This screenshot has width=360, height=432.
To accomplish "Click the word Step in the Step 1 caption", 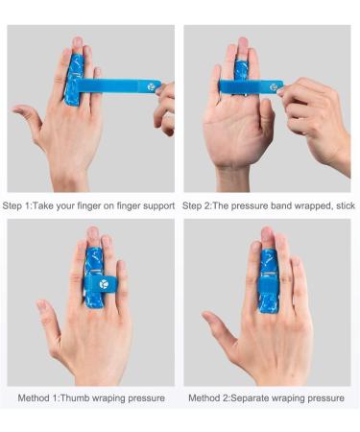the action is (x=12, y=205).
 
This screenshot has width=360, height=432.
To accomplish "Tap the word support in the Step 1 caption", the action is (x=158, y=205).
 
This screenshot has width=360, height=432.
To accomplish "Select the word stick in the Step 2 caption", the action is (x=346, y=205).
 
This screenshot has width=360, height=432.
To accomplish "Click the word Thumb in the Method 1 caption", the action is (x=75, y=398).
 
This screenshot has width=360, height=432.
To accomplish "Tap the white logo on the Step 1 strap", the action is (x=152, y=86).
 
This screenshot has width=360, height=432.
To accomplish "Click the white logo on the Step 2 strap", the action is (x=274, y=87).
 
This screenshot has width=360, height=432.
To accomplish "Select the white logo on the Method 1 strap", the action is (x=104, y=284).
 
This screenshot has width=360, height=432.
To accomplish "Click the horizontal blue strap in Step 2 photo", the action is (x=251, y=87).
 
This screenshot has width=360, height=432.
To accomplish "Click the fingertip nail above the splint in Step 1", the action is (x=78, y=42).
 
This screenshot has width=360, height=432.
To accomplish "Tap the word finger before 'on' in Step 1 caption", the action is (x=89, y=205).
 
